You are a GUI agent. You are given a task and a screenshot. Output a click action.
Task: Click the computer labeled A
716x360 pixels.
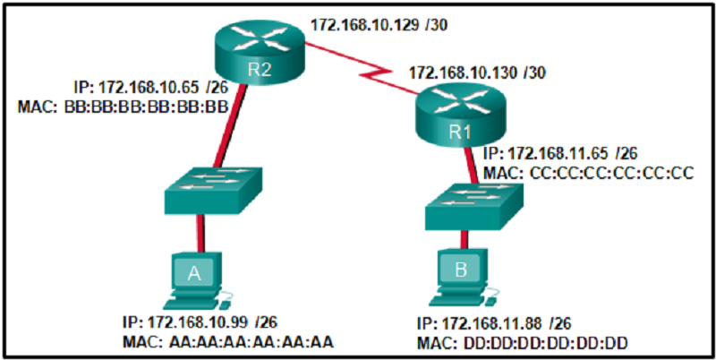point(196,279)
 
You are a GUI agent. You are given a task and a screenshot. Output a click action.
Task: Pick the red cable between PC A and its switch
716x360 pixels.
point(199,234)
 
